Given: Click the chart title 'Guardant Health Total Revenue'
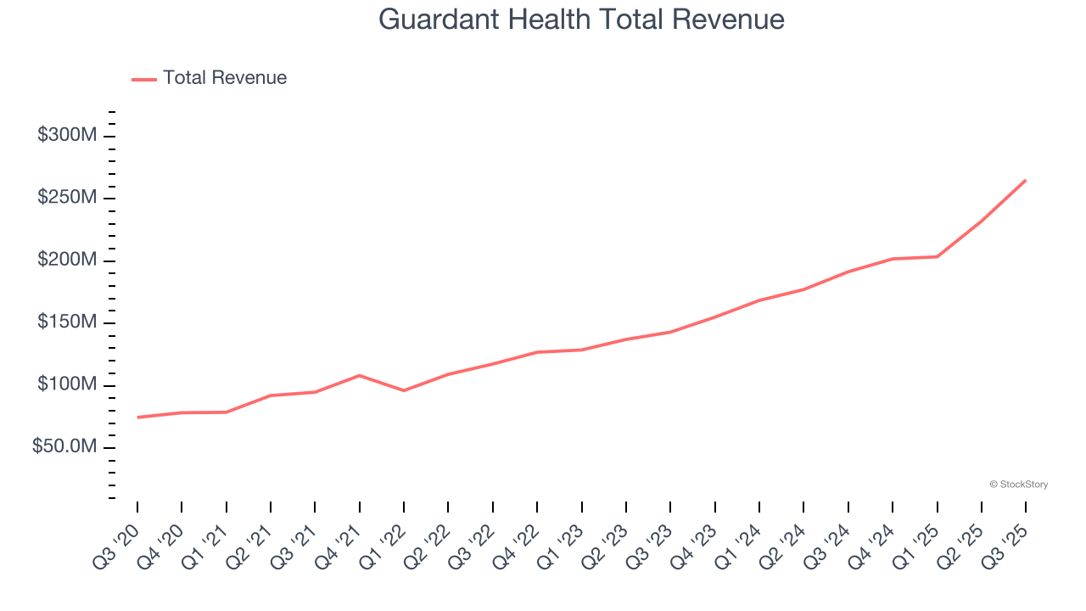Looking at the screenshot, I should (581, 20).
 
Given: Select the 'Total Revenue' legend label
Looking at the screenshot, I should (225, 78).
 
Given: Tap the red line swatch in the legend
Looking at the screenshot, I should (144, 79).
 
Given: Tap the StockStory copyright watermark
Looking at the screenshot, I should (1018, 485).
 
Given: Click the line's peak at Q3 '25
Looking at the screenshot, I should (1025, 180).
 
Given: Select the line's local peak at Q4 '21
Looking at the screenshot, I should (360, 375).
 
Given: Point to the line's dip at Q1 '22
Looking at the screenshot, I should (404, 390).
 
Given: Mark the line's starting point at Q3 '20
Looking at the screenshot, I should (137, 417).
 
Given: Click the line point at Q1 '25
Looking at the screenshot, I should (937, 256).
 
